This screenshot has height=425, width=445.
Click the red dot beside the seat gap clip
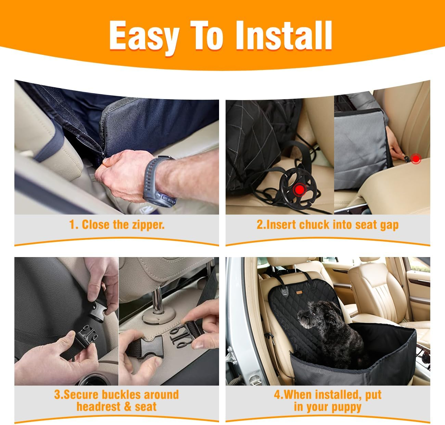[416, 159]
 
